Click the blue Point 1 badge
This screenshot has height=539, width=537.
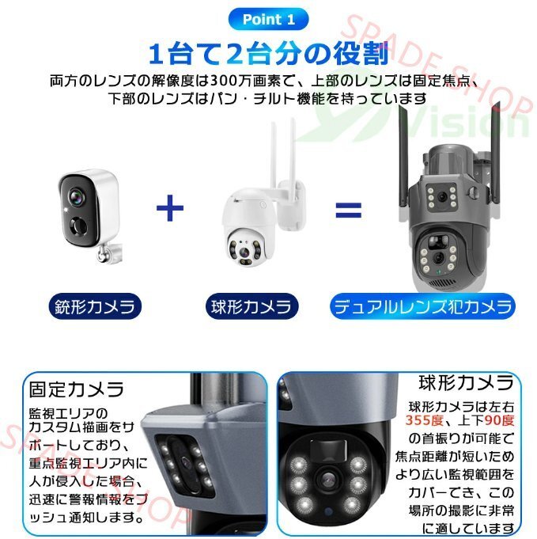click(x=267, y=19)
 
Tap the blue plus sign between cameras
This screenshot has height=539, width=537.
click(x=170, y=209)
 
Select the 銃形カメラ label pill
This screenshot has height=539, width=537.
click(x=93, y=304)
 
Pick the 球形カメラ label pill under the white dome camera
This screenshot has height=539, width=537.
click(x=251, y=304)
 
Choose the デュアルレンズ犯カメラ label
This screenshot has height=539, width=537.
click(x=422, y=305)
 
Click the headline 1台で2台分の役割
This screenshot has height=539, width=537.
click(x=268, y=55)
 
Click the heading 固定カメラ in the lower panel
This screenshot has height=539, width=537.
click(x=76, y=389)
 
